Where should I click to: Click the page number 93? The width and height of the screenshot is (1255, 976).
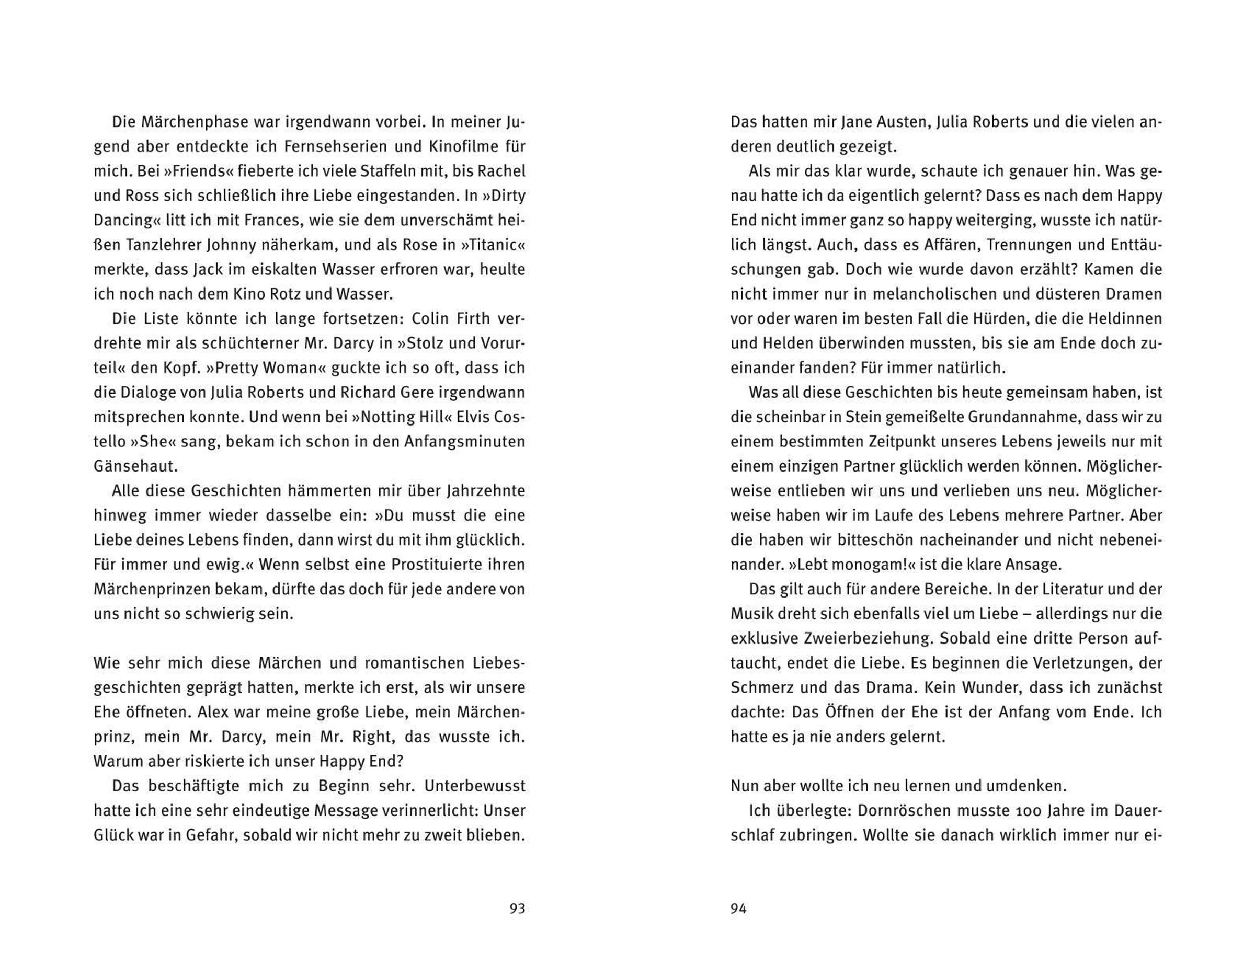(517, 908)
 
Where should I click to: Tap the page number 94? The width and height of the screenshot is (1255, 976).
(738, 908)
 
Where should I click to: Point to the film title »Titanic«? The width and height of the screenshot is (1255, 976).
(493, 245)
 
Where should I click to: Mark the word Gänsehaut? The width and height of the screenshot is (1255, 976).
(135, 466)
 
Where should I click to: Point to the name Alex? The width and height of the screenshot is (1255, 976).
(214, 712)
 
